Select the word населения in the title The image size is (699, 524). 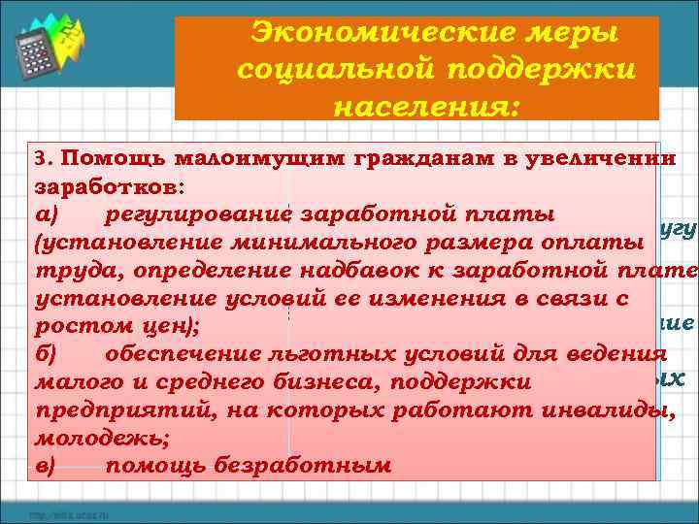coord(427,107)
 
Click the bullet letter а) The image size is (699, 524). coord(47,213)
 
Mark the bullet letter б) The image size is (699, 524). coord(46,354)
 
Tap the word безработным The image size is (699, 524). coord(297,466)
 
